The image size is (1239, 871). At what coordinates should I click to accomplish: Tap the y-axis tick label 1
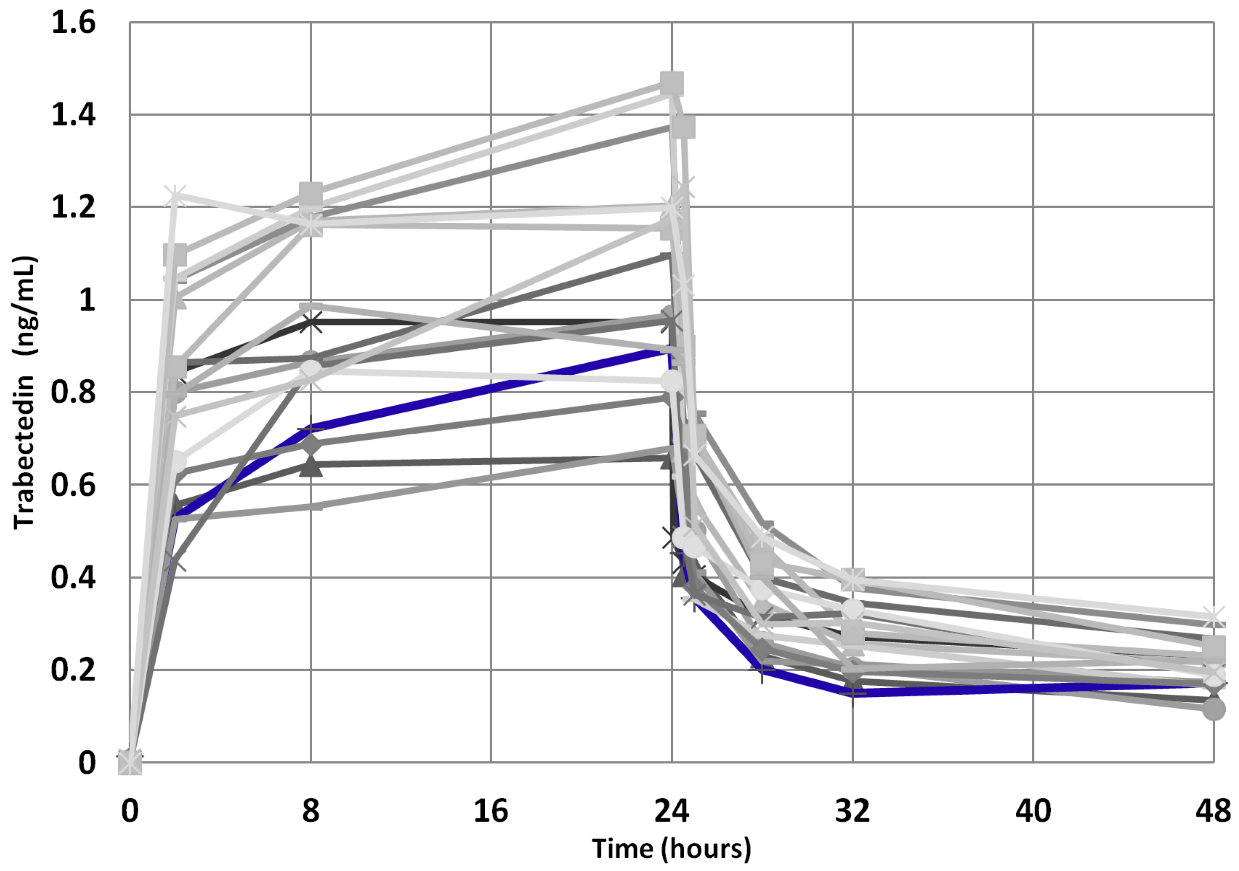pos(86,300)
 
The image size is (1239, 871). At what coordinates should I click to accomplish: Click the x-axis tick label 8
pos(310,811)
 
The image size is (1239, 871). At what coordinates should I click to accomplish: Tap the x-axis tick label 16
pos(491,811)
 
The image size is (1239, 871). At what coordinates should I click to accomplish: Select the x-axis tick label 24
pos(672,811)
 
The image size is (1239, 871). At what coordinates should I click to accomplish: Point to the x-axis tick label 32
pos(853,811)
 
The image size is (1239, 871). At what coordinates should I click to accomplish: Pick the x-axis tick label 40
pos(1033,811)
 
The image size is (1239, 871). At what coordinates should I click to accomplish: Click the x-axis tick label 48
pos(1213,811)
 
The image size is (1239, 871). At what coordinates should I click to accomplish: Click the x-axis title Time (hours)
pos(671,849)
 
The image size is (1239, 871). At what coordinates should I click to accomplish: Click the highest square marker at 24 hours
pos(672,83)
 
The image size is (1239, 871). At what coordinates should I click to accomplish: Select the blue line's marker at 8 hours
pos(311,430)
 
